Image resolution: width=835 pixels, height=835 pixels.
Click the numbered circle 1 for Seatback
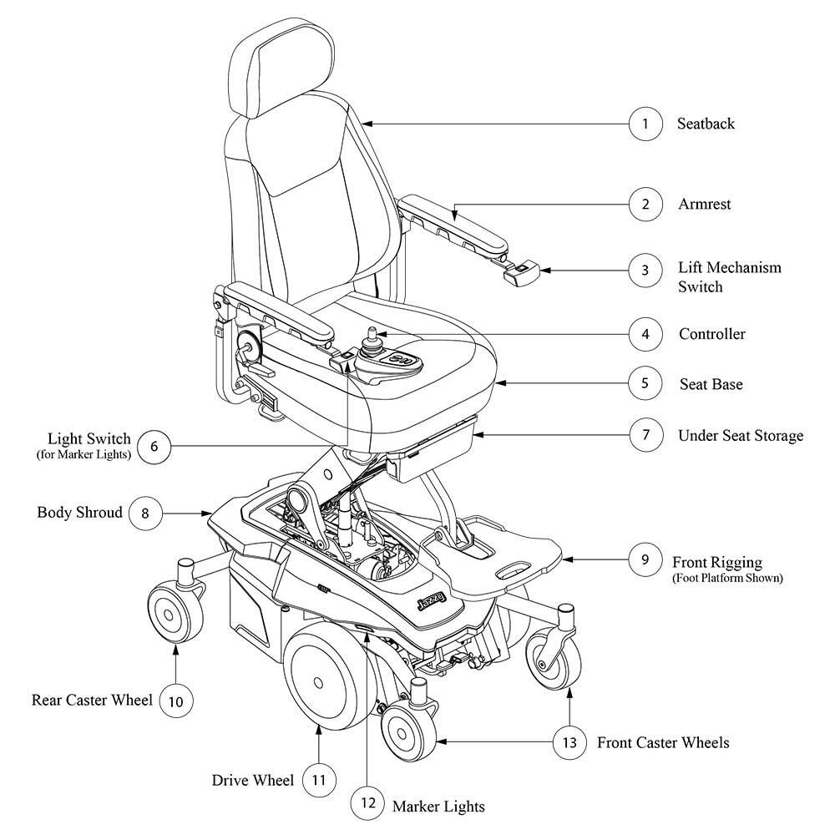[645, 124]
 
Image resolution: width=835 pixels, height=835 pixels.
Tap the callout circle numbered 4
[645, 335]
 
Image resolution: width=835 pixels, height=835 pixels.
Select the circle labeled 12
[368, 805]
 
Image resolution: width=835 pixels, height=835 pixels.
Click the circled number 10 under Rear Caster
[175, 701]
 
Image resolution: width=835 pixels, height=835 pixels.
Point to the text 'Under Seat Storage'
[740, 436]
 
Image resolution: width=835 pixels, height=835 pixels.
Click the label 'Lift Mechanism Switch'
[729, 277]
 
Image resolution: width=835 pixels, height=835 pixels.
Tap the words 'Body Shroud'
[79, 512]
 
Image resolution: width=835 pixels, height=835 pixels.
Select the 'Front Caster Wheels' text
[663, 742]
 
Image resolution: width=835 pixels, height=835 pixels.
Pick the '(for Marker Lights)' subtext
[83, 455]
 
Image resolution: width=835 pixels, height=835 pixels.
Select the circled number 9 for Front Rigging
[645, 559]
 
